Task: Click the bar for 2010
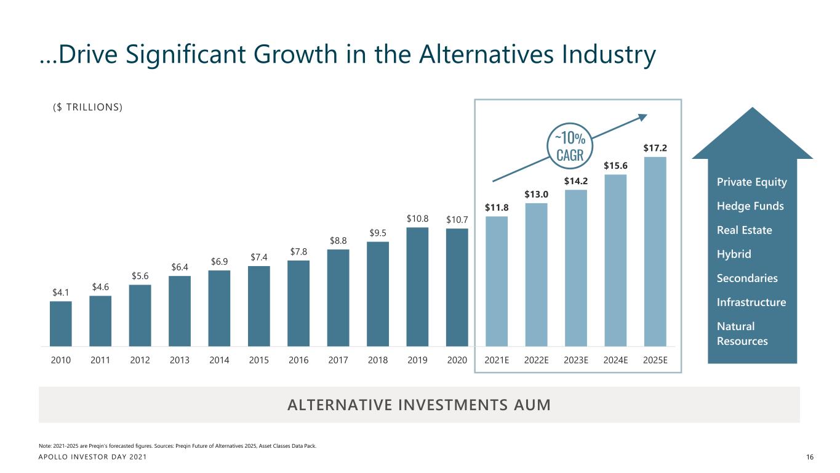(x=60, y=323)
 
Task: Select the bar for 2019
(x=417, y=286)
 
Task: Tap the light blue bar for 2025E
(x=655, y=251)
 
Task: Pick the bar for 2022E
(x=536, y=274)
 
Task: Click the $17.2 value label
(x=655, y=148)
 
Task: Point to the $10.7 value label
(x=457, y=219)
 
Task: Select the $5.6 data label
(x=140, y=275)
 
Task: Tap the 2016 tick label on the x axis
(x=298, y=361)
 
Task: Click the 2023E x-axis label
(x=576, y=361)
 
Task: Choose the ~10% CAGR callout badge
(x=569, y=145)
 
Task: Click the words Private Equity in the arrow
(x=751, y=182)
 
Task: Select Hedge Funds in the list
(x=750, y=206)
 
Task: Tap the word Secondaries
(x=747, y=278)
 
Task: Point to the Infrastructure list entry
(x=751, y=302)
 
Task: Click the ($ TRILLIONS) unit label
(x=87, y=107)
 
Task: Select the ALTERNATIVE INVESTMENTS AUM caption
(x=419, y=405)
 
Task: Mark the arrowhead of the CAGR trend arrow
(x=643, y=116)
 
